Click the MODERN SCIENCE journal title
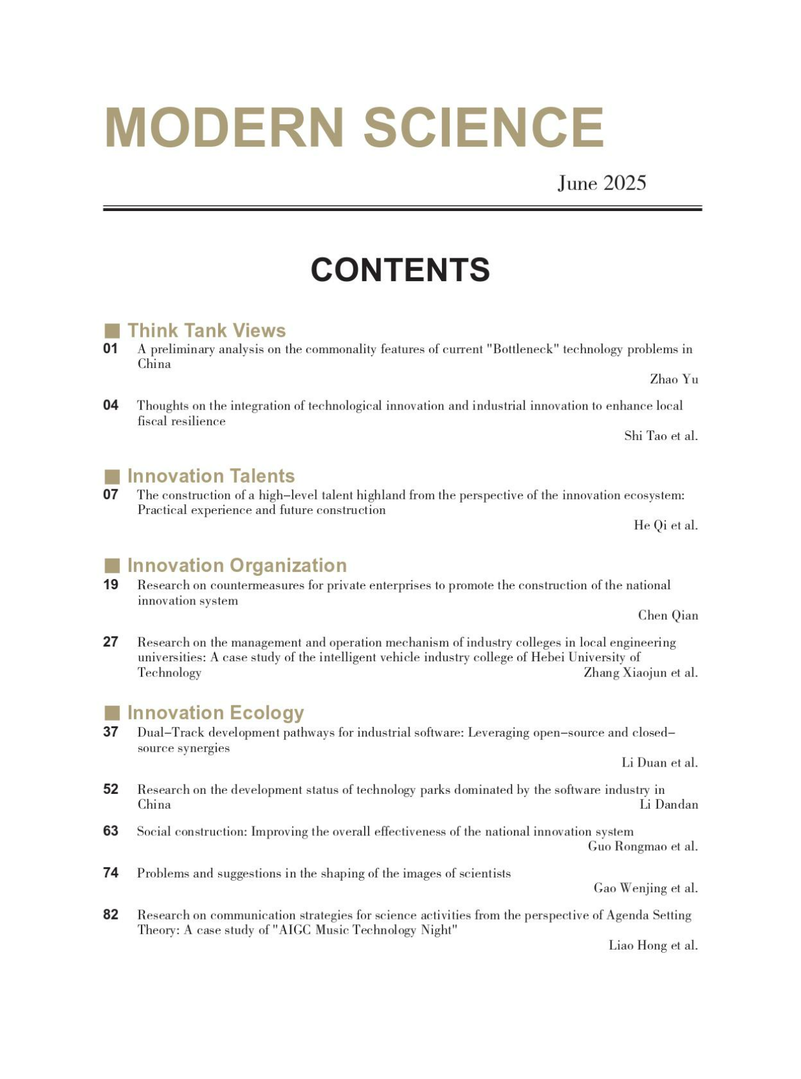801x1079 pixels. click(x=354, y=128)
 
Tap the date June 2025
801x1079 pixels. click(x=601, y=184)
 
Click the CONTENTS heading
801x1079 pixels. click(x=400, y=270)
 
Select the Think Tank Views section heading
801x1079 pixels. click(x=206, y=330)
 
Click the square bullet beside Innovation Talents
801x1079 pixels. click(x=112, y=476)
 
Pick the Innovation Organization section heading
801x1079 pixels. click(x=237, y=566)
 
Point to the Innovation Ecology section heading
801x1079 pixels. click(x=216, y=712)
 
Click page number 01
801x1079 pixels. click(x=110, y=349)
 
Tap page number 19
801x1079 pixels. click(x=110, y=585)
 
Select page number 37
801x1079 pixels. click(x=110, y=732)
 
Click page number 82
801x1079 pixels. click(x=110, y=914)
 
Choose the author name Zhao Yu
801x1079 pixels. click(x=673, y=379)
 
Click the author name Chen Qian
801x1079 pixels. click(x=668, y=615)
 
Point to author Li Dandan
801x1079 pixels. click(x=668, y=805)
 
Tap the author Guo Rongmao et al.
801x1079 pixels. click(x=642, y=846)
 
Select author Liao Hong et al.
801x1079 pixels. click(x=652, y=945)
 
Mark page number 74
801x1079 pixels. click(x=110, y=872)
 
